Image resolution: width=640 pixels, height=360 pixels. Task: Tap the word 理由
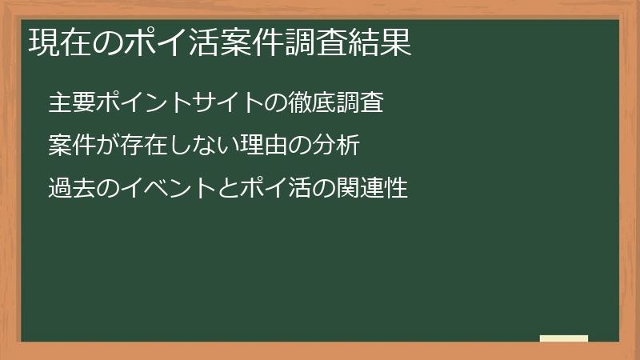(270, 146)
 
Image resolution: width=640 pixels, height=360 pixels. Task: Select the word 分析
(346, 146)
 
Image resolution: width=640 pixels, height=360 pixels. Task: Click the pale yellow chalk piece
(564, 338)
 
